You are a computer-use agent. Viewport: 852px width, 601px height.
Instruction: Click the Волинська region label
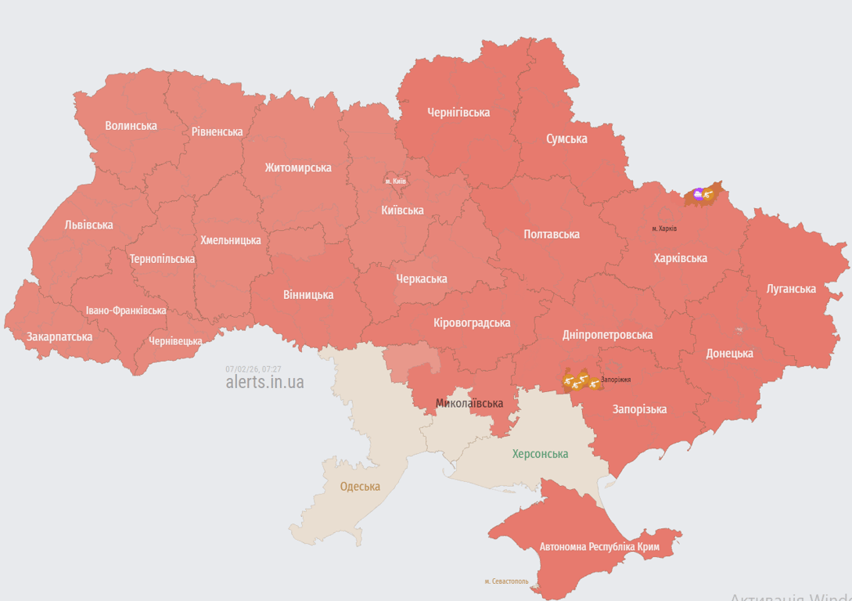131,126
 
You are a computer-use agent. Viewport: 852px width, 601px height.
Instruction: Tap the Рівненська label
217,131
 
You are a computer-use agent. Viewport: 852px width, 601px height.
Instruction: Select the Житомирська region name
297,167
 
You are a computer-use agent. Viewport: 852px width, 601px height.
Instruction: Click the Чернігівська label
458,112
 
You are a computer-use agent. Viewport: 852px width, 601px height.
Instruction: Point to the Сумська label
566,139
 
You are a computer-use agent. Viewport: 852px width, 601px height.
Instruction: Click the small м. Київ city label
395,182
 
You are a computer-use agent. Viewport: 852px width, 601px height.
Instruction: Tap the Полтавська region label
552,234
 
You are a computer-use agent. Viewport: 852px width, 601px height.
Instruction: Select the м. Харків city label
664,229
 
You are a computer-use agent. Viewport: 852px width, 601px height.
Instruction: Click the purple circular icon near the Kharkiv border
698,193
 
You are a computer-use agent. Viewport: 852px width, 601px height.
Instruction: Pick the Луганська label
791,289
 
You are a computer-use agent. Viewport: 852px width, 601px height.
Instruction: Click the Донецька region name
729,353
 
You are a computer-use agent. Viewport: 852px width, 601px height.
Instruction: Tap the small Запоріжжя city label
616,380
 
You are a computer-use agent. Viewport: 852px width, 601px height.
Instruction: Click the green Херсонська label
540,454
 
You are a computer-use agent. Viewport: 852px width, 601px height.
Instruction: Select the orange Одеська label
360,486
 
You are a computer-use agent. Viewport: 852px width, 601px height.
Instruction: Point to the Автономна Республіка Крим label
599,546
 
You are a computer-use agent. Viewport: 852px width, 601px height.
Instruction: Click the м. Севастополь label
506,581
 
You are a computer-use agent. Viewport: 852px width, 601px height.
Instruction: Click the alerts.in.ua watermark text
264,382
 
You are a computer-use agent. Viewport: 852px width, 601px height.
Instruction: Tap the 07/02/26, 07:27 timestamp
253,369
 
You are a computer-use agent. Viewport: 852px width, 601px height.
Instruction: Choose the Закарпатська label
59,336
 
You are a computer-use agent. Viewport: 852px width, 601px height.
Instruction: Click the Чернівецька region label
175,341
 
